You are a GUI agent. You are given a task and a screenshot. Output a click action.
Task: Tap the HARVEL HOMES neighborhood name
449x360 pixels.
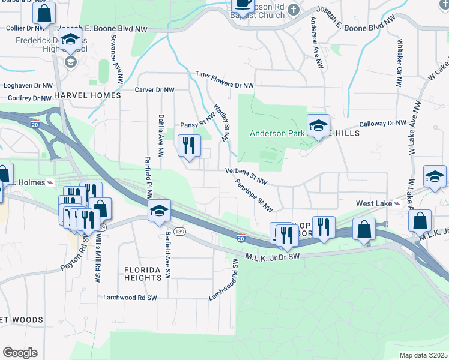(87, 95)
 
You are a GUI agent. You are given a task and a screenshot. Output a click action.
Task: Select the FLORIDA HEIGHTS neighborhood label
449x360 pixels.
(143, 274)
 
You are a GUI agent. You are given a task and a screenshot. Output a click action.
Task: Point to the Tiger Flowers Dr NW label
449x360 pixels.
(224, 80)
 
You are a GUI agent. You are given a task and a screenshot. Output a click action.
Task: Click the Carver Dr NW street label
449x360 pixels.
(154, 89)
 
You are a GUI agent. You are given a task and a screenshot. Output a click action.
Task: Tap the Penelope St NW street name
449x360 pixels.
(253, 196)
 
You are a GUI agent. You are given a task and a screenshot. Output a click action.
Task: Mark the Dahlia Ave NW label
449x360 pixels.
(161, 136)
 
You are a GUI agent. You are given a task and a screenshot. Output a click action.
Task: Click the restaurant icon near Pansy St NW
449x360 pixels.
(189, 145)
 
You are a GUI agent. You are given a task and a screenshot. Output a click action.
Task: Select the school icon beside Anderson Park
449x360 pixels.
(318, 125)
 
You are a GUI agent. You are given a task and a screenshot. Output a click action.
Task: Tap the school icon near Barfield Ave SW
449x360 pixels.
(160, 211)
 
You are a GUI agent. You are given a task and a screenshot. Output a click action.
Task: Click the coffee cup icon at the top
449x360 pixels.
(243, 4)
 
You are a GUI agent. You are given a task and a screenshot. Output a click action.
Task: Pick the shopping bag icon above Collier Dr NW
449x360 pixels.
(44, 13)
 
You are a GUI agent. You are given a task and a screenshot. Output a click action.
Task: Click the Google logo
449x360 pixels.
(20, 352)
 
